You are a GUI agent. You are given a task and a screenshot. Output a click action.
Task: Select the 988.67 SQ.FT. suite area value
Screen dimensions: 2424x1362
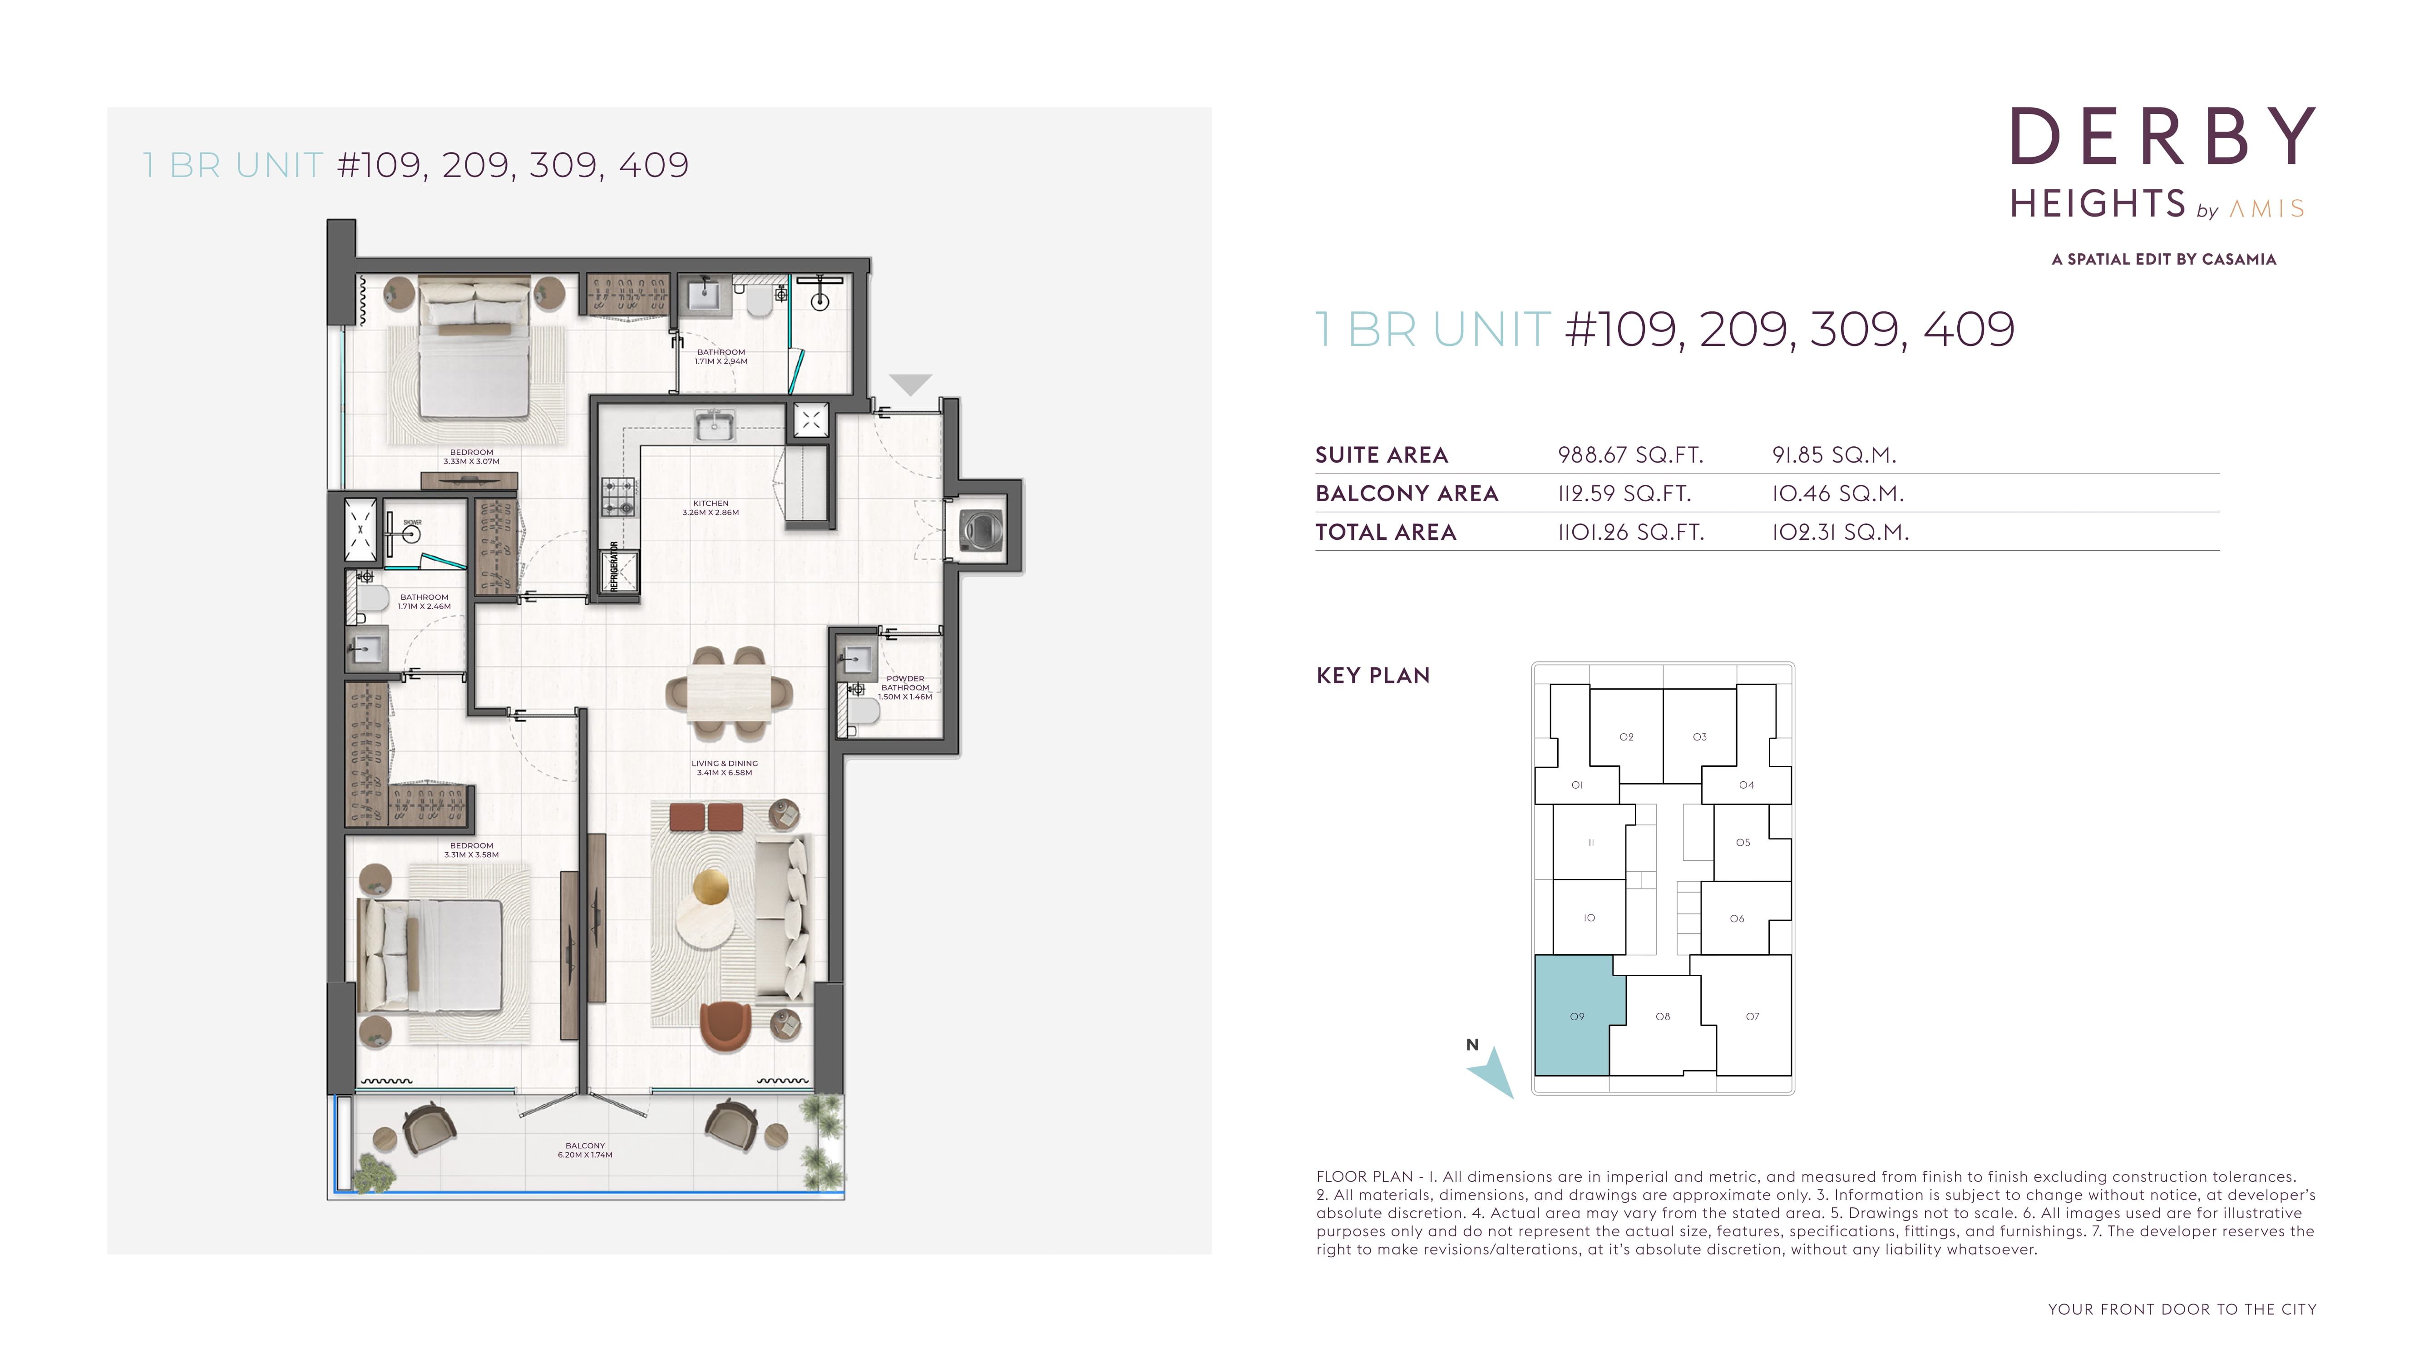point(1631,455)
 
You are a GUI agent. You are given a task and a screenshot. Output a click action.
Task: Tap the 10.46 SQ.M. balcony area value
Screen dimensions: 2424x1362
point(1838,494)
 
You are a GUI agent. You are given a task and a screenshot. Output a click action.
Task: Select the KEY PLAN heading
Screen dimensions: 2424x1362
point(1373,676)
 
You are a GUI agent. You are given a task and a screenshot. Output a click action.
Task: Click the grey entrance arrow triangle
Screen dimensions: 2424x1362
point(910,384)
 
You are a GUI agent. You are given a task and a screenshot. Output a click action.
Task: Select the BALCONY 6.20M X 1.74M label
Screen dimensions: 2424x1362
point(585,1150)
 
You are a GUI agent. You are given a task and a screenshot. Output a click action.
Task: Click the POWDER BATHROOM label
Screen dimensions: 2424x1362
point(905,683)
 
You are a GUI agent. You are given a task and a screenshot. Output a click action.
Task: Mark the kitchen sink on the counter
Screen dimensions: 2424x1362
point(715,425)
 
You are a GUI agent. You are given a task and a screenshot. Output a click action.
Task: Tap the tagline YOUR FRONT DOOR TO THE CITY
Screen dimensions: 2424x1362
point(2182,1309)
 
